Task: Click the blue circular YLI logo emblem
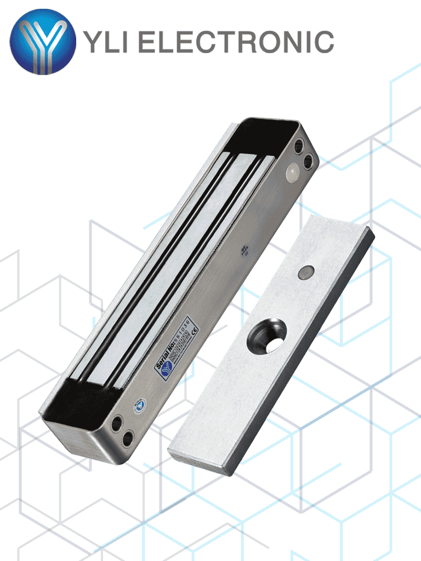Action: coord(43,42)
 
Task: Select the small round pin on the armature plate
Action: coord(306,271)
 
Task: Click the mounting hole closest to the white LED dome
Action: coord(308,161)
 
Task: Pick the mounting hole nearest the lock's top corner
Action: coord(299,146)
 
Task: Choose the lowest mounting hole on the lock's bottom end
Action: coord(128,438)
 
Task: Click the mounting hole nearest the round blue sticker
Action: coord(117,423)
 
